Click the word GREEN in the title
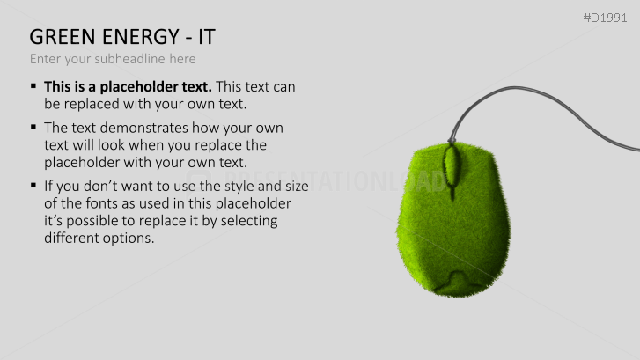pos(59,37)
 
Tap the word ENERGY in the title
pos(132,37)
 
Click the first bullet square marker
pos(33,86)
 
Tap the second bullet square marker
pos(33,128)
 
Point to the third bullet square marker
pos(33,186)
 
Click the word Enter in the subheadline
pos(46,59)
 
